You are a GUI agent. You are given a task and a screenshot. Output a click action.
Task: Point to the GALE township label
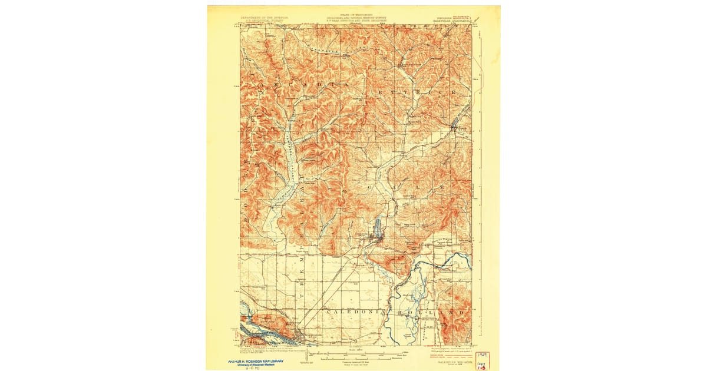[407, 187]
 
